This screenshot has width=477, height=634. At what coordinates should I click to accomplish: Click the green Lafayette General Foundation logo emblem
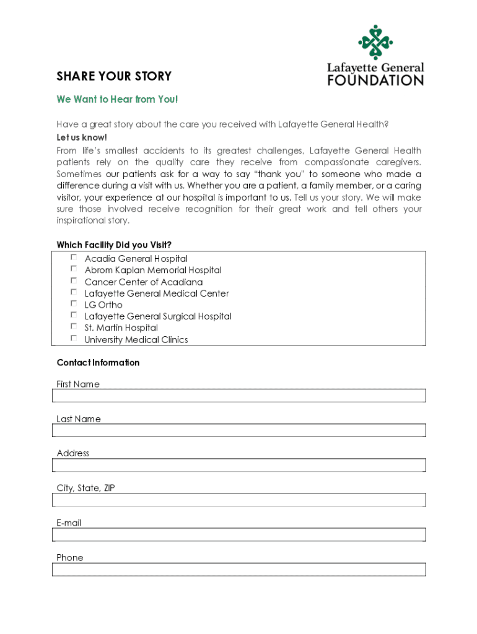click(375, 42)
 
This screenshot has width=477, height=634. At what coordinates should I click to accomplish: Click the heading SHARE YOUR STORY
click(114, 76)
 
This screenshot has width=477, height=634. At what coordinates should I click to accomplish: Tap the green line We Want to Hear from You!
click(117, 99)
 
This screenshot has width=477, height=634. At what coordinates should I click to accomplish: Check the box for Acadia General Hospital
click(74, 257)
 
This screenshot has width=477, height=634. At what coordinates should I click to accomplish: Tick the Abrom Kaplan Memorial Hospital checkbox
click(74, 269)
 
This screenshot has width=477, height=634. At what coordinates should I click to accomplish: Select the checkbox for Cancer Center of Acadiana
click(74, 280)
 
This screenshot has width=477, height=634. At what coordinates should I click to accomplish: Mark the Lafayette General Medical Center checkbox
click(74, 292)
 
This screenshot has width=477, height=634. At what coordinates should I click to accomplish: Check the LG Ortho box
click(74, 303)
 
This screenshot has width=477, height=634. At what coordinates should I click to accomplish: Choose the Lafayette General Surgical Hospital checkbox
click(74, 315)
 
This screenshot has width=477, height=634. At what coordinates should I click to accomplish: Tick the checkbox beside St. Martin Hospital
click(74, 326)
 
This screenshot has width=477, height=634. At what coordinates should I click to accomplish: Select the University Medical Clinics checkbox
click(74, 338)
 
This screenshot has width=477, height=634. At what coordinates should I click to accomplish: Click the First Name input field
click(239, 396)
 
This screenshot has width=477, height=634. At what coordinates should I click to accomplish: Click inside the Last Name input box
click(239, 430)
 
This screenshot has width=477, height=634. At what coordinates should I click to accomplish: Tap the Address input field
click(239, 465)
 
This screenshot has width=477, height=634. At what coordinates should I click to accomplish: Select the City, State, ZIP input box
click(239, 500)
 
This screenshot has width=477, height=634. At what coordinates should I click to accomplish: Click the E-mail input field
click(239, 534)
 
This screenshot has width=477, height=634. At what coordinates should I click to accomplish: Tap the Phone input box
click(239, 570)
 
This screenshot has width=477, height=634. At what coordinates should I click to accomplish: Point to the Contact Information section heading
click(98, 362)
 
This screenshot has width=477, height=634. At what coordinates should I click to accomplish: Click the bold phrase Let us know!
click(82, 137)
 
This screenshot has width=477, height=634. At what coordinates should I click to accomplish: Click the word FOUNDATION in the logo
click(375, 80)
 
